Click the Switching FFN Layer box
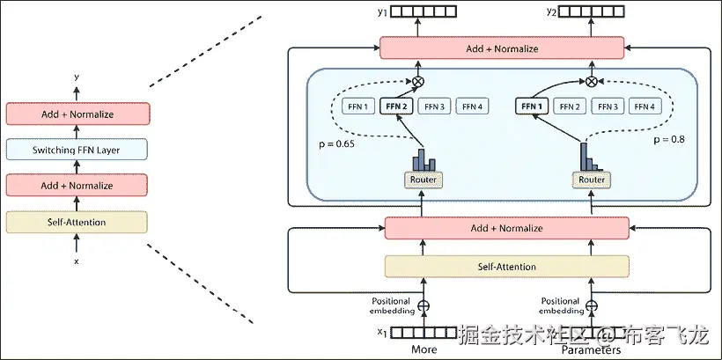pos(77,151)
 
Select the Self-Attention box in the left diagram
pos(77,223)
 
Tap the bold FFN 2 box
pos(396,107)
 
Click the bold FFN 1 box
pos(532,107)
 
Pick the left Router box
pos(423,180)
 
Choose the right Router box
pos(592,180)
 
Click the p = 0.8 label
pos(668,139)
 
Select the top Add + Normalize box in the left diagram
pos(77,114)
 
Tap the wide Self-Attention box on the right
pos(506,267)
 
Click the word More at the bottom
pos(424,349)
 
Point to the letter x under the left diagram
pos(77,261)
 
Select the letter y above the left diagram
pos(77,77)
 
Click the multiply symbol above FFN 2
pos(417,82)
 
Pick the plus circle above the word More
pos(424,306)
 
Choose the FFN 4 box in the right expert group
pos(645,107)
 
